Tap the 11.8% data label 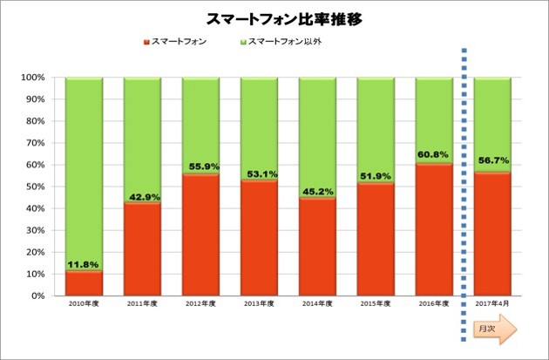[x=84, y=264]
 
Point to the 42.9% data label [x=142, y=196]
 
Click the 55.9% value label [x=200, y=167]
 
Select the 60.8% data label [x=433, y=157]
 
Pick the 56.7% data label [x=491, y=160]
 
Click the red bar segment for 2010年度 [x=84, y=283]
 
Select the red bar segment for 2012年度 [x=200, y=235]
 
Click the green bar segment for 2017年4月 [x=491, y=122]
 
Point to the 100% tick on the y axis [x=32, y=78]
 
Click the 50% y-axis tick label [x=34, y=187]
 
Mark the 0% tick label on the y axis [x=37, y=295]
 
